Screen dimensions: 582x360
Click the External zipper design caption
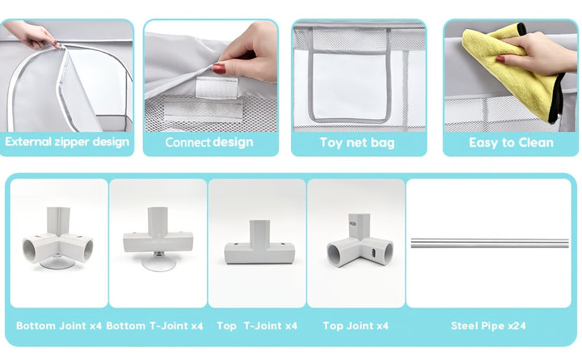[67, 142]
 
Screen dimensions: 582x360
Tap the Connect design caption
[209, 142]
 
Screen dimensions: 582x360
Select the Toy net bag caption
[357, 142]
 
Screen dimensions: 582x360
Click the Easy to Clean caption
[511, 142]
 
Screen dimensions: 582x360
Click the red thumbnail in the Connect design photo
[219, 68]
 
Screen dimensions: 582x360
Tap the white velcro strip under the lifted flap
[217, 87]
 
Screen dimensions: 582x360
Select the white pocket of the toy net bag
[350, 87]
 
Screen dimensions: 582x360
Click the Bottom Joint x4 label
[59, 326]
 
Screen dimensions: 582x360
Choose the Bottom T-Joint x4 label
[154, 326]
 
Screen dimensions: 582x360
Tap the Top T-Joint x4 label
[257, 326]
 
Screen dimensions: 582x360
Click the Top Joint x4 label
[356, 326]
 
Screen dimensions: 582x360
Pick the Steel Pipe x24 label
[488, 326]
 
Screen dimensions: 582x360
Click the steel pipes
[490, 243]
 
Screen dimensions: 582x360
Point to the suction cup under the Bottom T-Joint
[159, 264]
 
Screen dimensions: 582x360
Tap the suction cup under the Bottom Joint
[57, 263]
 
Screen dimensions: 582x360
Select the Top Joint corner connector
[359, 241]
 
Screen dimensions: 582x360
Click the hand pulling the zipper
[32, 35]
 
